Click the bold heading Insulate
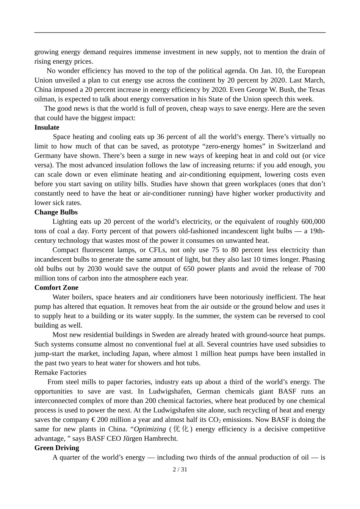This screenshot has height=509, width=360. coord(47,128)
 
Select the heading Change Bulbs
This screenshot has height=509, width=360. coord(56,212)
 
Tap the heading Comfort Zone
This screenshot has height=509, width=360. coord(56,288)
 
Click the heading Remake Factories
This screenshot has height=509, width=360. coord(60,373)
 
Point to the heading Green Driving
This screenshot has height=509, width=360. coord(56,448)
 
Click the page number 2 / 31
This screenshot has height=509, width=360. coord(180,470)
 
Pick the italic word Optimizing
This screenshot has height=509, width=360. coord(150,429)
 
